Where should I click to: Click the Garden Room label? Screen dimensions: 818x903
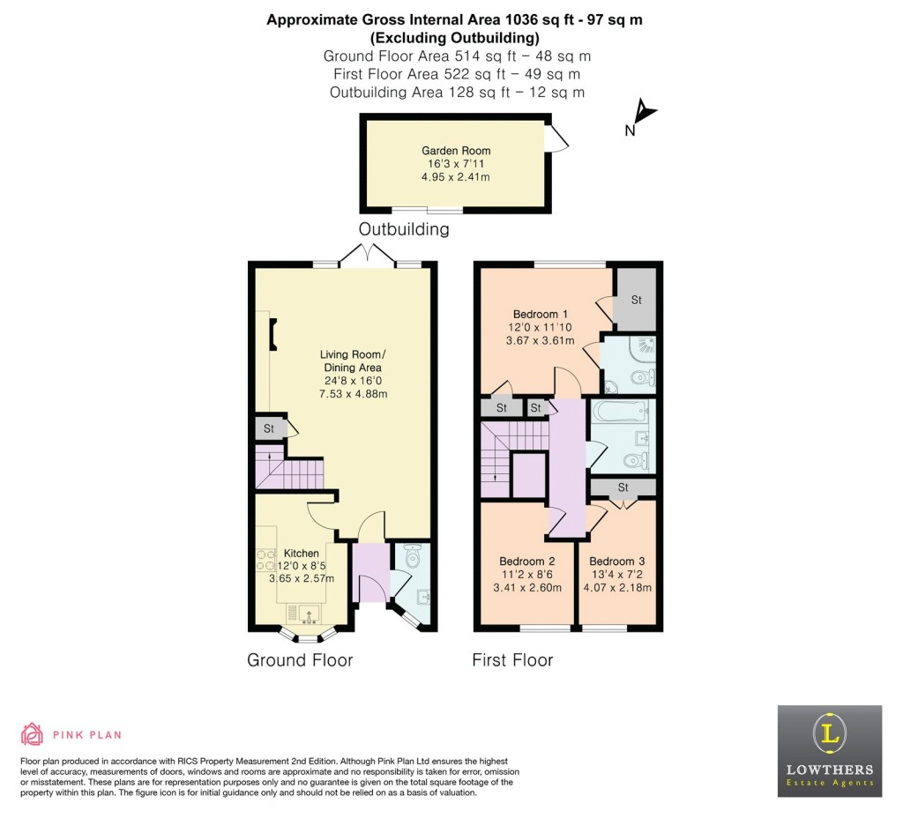[x=455, y=151]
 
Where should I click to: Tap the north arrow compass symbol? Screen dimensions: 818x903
[x=645, y=115]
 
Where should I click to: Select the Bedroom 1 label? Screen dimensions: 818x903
[x=540, y=314]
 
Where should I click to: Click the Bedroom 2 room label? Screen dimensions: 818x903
[x=526, y=561]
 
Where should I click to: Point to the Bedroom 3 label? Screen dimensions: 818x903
[x=616, y=561]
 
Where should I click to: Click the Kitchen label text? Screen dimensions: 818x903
[x=301, y=554]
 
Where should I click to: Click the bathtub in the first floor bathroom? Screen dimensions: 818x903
[x=621, y=411]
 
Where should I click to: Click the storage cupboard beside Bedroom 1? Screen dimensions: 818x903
[x=636, y=300]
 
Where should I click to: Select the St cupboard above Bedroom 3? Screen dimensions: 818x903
[x=623, y=487]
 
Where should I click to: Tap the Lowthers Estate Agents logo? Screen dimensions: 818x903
[x=829, y=751]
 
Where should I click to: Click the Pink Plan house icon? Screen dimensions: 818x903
[x=33, y=734]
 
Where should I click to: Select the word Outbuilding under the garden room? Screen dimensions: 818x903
[x=403, y=229]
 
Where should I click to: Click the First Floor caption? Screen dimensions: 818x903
[x=512, y=659]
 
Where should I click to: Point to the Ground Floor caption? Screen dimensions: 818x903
[x=300, y=659]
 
